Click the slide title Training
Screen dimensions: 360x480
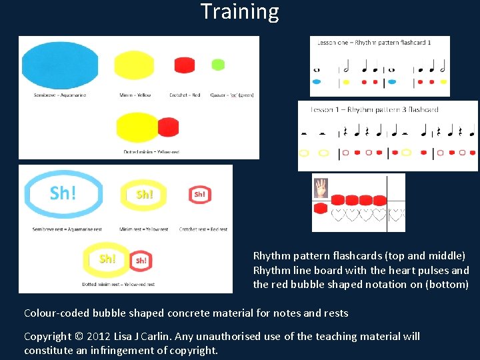coord(240,11)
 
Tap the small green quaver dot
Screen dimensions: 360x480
coord(217,65)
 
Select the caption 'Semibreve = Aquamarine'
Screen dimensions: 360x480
coord(60,95)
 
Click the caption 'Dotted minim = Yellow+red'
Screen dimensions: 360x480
coord(151,152)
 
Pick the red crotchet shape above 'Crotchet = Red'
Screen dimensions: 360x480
coord(184,65)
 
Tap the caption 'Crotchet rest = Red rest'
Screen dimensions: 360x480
coord(203,229)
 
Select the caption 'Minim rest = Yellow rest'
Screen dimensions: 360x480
coord(145,229)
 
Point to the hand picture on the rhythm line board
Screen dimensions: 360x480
coord(321,188)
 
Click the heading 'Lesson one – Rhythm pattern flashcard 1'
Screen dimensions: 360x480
coord(374,43)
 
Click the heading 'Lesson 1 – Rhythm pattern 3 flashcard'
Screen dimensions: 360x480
coord(374,109)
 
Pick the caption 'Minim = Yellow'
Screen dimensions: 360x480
coord(135,95)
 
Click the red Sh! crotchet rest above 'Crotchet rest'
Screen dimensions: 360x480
coord(199,194)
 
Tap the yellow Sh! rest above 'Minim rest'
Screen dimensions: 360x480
coord(145,194)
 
